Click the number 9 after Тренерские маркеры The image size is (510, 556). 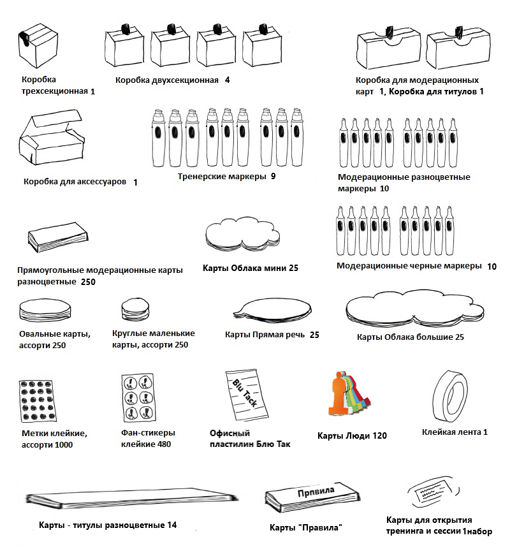273,176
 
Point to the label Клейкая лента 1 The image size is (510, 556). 454,432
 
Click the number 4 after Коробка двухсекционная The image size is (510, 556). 227,80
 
